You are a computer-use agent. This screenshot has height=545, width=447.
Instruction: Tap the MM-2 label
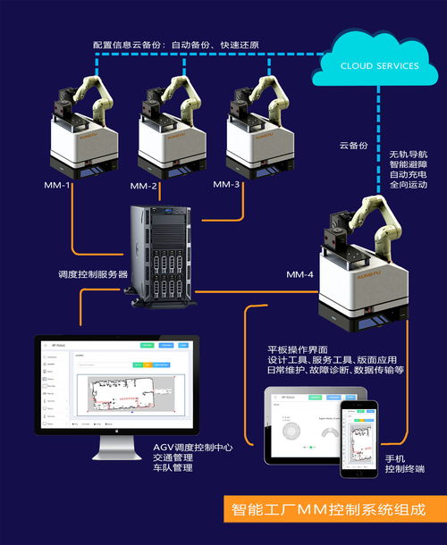point(144,187)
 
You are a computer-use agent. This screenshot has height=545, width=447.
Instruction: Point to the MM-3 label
point(227,184)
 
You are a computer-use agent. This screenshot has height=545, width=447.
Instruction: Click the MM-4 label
point(299,275)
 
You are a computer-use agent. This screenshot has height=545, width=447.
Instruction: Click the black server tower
point(162,254)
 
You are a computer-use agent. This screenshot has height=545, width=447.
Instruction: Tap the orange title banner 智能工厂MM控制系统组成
point(325,510)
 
